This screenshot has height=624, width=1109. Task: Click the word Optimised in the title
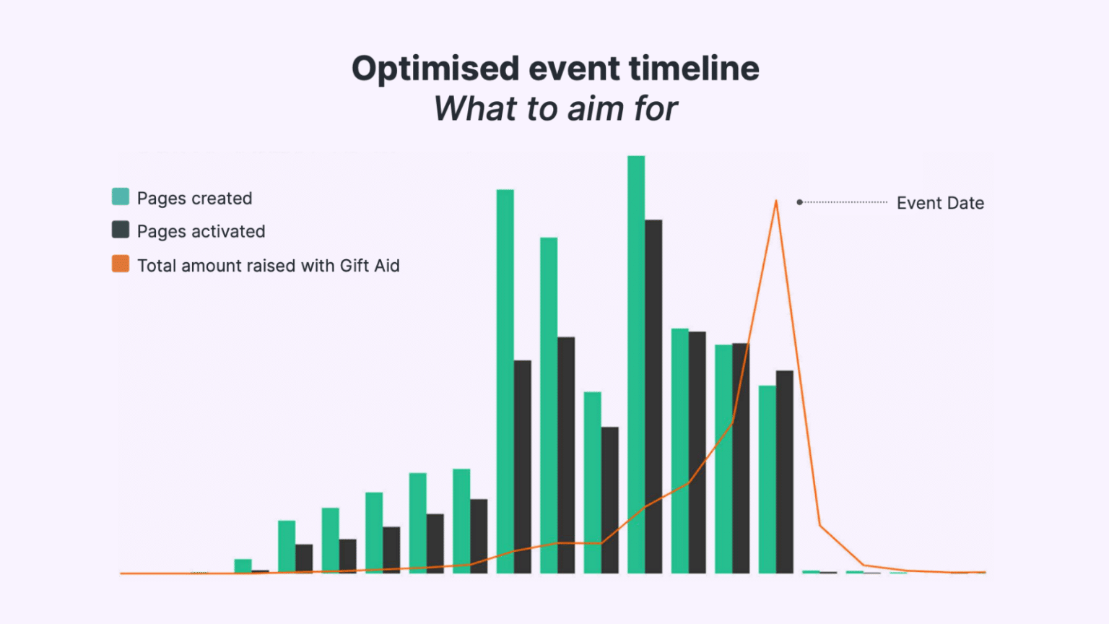[x=435, y=69]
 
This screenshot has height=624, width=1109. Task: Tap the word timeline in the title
[x=694, y=69]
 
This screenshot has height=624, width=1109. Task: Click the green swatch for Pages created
[x=121, y=196]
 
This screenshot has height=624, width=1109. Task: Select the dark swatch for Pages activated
[x=121, y=230]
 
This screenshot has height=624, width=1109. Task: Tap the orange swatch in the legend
[x=121, y=264]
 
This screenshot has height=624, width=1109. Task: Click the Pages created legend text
[x=194, y=198]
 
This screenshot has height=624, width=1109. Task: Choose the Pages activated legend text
[x=201, y=231]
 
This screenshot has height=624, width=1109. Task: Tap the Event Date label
[x=940, y=203]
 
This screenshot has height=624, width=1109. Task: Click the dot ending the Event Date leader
[x=799, y=202]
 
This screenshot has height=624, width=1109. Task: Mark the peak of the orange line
[x=776, y=201]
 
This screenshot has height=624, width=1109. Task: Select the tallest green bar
[x=636, y=361]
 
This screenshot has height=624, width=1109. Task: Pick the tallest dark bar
[x=653, y=397]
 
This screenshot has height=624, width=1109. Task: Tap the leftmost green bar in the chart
[x=243, y=566]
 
